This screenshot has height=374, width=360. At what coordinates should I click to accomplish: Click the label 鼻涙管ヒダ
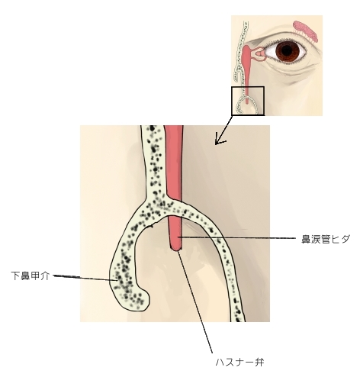point(326,239)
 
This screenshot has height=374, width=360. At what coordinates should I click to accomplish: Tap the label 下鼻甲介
point(30,276)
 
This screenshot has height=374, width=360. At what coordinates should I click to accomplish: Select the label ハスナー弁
point(239,362)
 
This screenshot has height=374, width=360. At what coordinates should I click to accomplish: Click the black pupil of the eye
point(287,50)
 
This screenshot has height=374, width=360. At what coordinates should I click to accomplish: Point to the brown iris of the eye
point(287,50)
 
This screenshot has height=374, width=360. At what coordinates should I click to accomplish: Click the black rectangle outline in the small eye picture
point(248,87)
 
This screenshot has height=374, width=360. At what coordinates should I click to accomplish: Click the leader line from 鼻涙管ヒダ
point(237,237)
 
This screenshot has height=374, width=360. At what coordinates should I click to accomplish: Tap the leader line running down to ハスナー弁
point(195,302)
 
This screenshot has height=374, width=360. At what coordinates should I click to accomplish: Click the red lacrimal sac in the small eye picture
point(246,55)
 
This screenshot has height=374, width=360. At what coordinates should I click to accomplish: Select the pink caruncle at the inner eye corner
point(260,54)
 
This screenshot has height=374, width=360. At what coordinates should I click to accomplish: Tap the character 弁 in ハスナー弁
point(259,362)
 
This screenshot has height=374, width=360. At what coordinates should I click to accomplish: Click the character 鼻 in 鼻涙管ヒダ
point(306,239)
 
